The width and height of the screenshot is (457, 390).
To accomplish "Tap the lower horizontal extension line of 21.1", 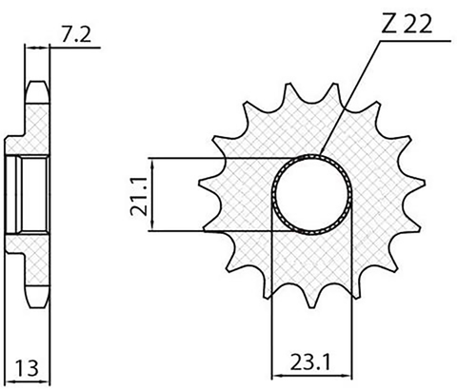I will (219, 230).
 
